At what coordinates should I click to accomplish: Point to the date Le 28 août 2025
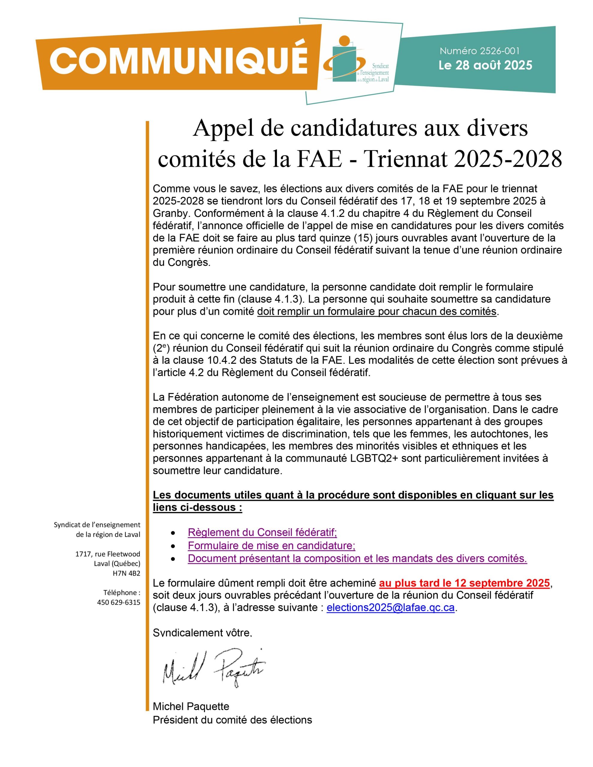click(485, 66)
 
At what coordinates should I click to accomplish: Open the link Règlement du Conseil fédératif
click(262, 532)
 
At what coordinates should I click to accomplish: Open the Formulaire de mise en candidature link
click(271, 545)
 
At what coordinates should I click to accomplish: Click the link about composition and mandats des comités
click(357, 558)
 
